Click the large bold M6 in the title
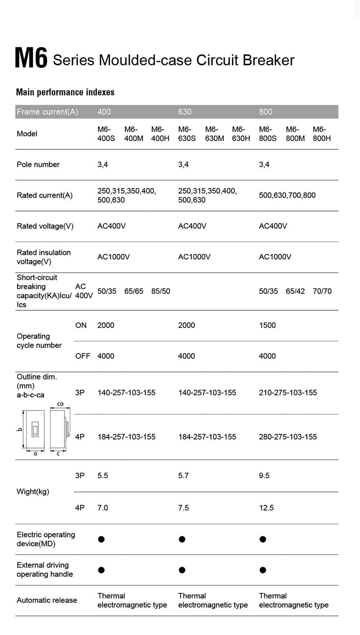(x=31, y=58)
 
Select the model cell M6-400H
(x=160, y=134)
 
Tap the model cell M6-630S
(x=187, y=134)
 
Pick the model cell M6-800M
(x=295, y=134)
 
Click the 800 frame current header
(x=265, y=112)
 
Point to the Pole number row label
(x=38, y=165)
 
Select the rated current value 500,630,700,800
(x=287, y=195)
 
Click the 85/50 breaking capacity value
(x=161, y=291)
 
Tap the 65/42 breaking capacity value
(x=295, y=291)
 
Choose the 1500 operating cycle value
(x=267, y=325)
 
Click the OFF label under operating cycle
(x=82, y=356)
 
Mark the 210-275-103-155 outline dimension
(x=288, y=393)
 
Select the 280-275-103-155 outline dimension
(x=288, y=437)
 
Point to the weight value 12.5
(x=266, y=508)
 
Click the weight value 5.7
(x=183, y=475)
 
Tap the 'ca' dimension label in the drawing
(x=60, y=404)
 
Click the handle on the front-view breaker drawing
(x=35, y=430)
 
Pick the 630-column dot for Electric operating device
(x=182, y=539)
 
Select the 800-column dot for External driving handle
(x=263, y=570)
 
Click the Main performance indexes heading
(x=65, y=92)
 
